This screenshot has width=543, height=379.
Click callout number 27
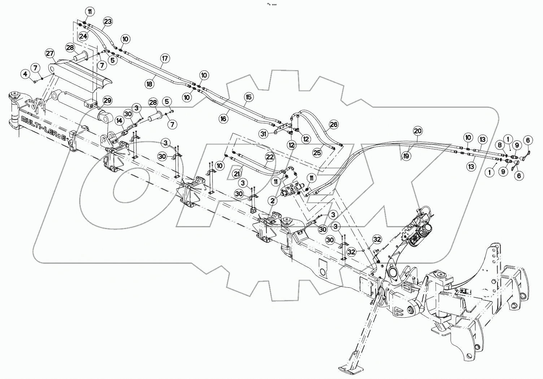50,53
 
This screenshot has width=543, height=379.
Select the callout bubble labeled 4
25,74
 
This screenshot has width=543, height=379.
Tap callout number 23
108,22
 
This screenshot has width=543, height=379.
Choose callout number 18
149,83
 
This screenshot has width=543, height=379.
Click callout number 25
317,153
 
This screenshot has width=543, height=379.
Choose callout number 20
417,131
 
